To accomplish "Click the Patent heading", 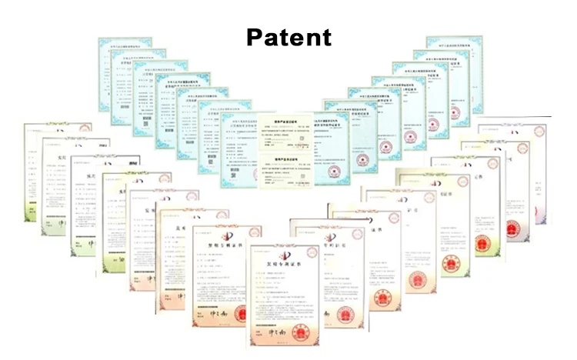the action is click(x=288, y=36).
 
